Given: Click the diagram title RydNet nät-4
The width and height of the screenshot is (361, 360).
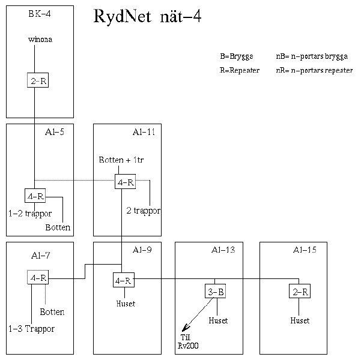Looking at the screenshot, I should pyautogui.click(x=147, y=17).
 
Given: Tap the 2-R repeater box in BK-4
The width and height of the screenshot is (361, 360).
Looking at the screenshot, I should pyautogui.click(x=38, y=81).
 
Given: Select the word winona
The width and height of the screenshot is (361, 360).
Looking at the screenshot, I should pyautogui.click(x=40, y=40).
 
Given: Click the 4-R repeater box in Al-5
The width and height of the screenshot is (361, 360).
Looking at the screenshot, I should pyautogui.click(x=35, y=196).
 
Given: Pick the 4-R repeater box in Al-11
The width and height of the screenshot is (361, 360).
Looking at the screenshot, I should pyautogui.click(x=125, y=182).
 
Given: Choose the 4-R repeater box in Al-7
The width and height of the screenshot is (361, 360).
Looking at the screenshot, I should pyautogui.click(x=38, y=278).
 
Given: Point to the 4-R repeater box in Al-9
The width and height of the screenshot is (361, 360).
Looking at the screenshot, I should pyautogui.click(x=123, y=280).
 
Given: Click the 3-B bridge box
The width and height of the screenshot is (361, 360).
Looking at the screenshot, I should pyautogui.click(x=216, y=292).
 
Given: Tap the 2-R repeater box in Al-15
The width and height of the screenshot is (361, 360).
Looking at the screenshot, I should pyautogui.click(x=299, y=292).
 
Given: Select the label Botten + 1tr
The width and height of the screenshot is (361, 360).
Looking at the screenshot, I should pyautogui.click(x=121, y=161).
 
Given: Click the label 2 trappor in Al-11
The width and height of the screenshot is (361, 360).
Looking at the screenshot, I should pyautogui.click(x=143, y=211).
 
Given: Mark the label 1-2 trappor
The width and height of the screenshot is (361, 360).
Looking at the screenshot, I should pyautogui.click(x=30, y=214).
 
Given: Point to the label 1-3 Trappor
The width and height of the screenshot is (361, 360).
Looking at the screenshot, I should pyautogui.click(x=31, y=329).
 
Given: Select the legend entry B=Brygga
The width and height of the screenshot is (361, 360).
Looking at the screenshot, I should pyautogui.click(x=237, y=56).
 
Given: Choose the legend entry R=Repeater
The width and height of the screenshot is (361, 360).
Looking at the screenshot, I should pyautogui.click(x=239, y=70).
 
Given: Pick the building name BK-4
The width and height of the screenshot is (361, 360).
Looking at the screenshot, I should pyautogui.click(x=40, y=14).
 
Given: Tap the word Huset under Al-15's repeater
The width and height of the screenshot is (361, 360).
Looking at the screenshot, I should pyautogui.click(x=300, y=320).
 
